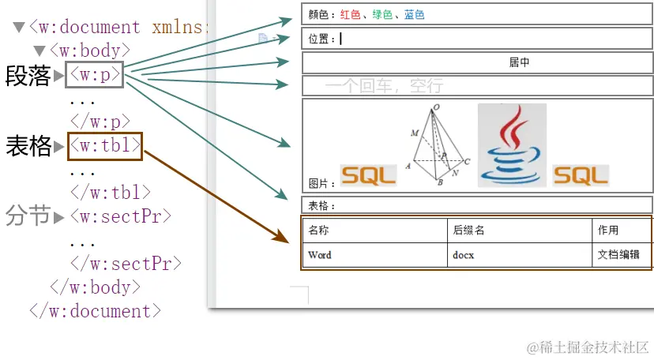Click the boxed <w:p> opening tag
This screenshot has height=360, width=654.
pos(95,75)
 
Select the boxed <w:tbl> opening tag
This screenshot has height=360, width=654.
pos(105,145)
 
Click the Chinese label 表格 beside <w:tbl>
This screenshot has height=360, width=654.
pos(28,146)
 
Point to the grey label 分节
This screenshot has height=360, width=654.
pos(28,216)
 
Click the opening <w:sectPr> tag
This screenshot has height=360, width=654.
pos(120,216)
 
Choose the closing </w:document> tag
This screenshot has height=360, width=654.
pos(96,310)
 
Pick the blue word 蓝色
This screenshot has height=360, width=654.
pos(414,14)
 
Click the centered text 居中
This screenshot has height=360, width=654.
pos(519,63)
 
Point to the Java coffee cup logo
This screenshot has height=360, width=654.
pos(512,145)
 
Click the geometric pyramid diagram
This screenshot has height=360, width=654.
pos(438,145)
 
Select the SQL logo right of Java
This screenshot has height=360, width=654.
pos(581,174)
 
